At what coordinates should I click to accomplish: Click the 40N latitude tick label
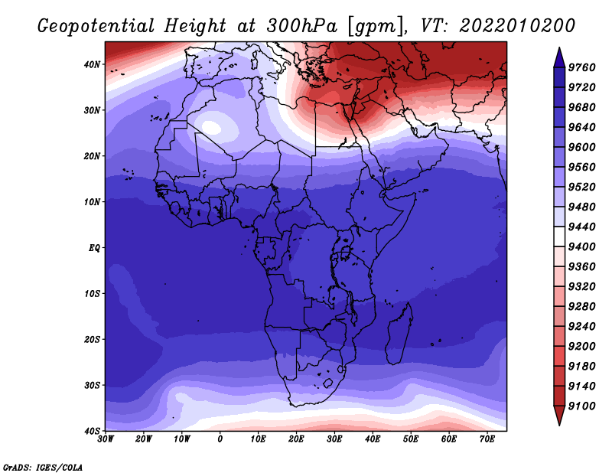91,64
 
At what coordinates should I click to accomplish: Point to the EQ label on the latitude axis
94,248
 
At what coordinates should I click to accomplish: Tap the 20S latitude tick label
91,339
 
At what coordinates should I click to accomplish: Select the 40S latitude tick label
91,431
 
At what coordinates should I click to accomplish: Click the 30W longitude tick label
105,439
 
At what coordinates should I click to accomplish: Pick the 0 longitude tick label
220,439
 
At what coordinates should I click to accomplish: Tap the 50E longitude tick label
411,439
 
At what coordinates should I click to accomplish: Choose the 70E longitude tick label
487,439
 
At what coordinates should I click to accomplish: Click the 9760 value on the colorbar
581,67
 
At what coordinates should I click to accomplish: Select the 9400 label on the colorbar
581,247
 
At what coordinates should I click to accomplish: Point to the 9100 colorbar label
581,406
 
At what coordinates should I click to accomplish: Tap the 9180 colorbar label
581,367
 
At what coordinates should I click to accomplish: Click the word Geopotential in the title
96,27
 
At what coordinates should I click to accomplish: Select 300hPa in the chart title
301,26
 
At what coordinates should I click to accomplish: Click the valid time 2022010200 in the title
517,26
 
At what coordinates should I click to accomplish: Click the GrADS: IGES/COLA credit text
43,468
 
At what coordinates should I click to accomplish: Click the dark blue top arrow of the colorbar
559,57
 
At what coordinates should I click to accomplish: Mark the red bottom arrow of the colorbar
559,415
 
